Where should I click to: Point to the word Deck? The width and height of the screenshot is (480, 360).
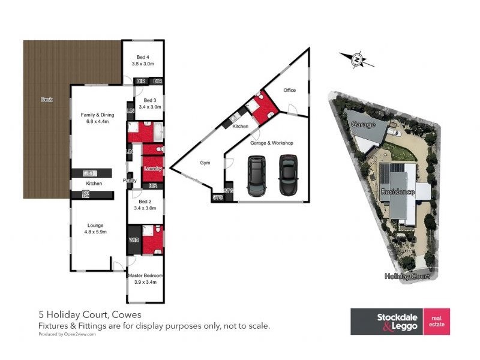[x=46, y=100]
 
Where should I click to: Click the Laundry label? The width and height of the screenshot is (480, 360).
[x=153, y=169]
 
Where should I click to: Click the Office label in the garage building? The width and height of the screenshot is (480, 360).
[x=290, y=91]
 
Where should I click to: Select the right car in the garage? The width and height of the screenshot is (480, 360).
[x=288, y=175]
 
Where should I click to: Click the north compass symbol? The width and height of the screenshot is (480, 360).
[x=356, y=59]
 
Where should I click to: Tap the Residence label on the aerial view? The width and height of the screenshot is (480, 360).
[x=397, y=192]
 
